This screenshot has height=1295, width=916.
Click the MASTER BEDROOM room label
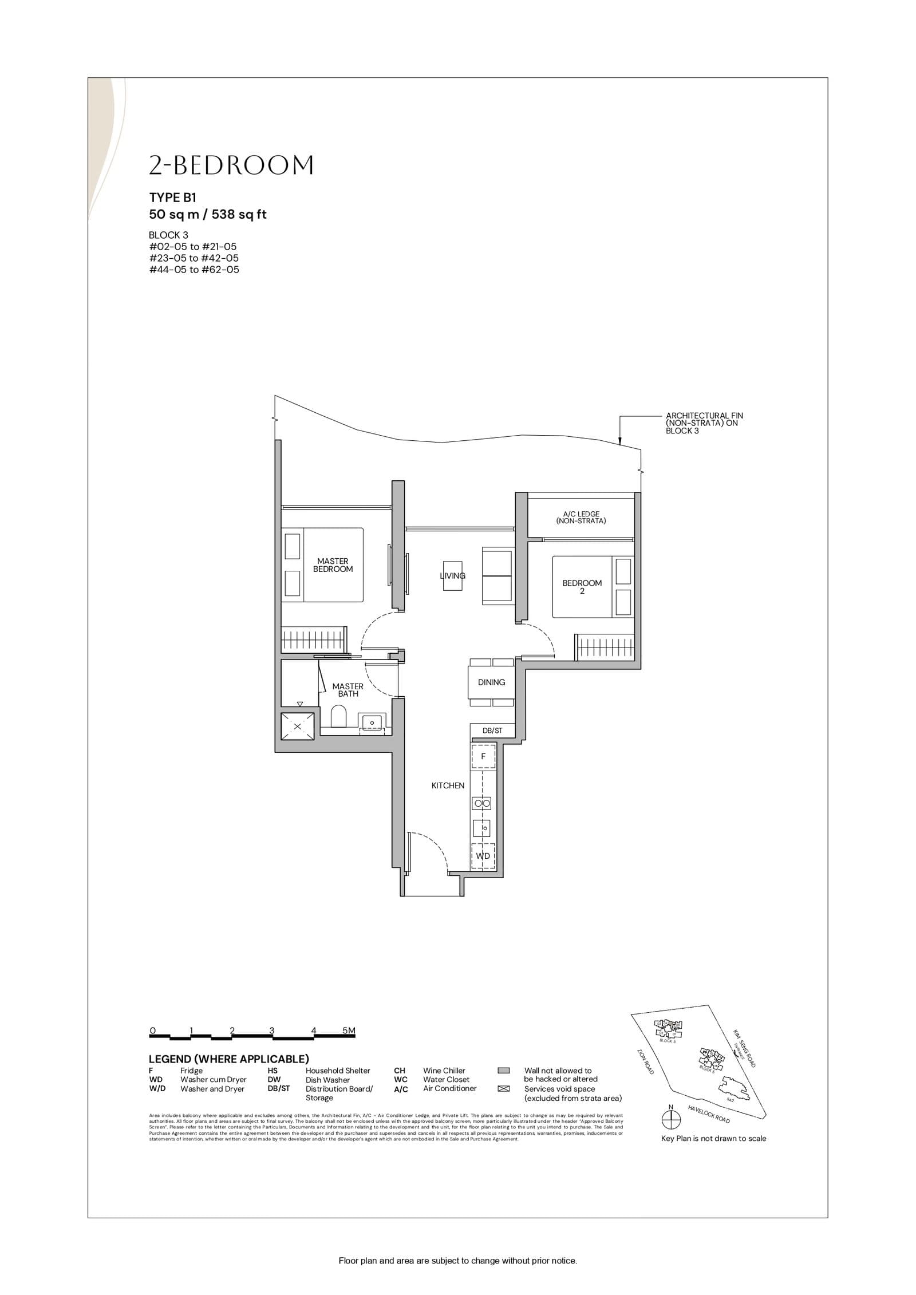(x=333, y=565)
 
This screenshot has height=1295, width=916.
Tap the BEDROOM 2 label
(x=582, y=587)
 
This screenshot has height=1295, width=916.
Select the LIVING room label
(x=452, y=575)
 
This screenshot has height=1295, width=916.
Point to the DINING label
(x=491, y=682)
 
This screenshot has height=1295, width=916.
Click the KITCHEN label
(x=448, y=785)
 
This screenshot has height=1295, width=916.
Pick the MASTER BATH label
(x=348, y=690)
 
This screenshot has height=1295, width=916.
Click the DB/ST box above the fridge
(x=492, y=731)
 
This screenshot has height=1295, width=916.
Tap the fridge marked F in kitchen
(x=483, y=756)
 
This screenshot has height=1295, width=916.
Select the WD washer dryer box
(x=483, y=856)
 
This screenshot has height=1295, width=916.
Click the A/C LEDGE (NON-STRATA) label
(x=581, y=518)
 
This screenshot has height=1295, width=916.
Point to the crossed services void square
(x=297, y=727)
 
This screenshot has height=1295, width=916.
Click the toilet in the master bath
(x=339, y=716)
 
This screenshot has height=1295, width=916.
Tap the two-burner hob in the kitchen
(x=481, y=804)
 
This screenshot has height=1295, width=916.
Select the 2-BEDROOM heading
(x=231, y=165)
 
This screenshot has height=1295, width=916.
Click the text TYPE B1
(x=173, y=198)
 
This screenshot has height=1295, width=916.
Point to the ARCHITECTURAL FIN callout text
(x=704, y=423)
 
